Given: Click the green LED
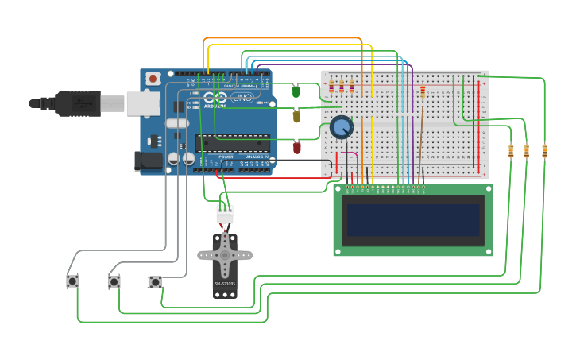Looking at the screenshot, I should pos(296,91).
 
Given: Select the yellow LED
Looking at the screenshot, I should pos(296,116).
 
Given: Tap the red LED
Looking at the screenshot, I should pos(297,147).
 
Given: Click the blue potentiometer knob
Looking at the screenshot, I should pos(341,126).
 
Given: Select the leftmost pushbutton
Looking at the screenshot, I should pos(72,281).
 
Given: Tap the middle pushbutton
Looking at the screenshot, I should pos(114,281).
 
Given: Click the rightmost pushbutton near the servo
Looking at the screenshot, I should pos(155,281).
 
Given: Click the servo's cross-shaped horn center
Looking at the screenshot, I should pos(225,255).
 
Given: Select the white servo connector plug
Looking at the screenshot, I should pos(225,214).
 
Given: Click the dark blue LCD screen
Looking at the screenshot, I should pos(412,219).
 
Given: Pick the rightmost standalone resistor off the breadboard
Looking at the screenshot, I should pos(544,150).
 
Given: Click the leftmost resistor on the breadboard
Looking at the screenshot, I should pos(331,86).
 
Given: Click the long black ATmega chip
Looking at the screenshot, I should pos(232,143).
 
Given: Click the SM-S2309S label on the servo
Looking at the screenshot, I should pos(225,284).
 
